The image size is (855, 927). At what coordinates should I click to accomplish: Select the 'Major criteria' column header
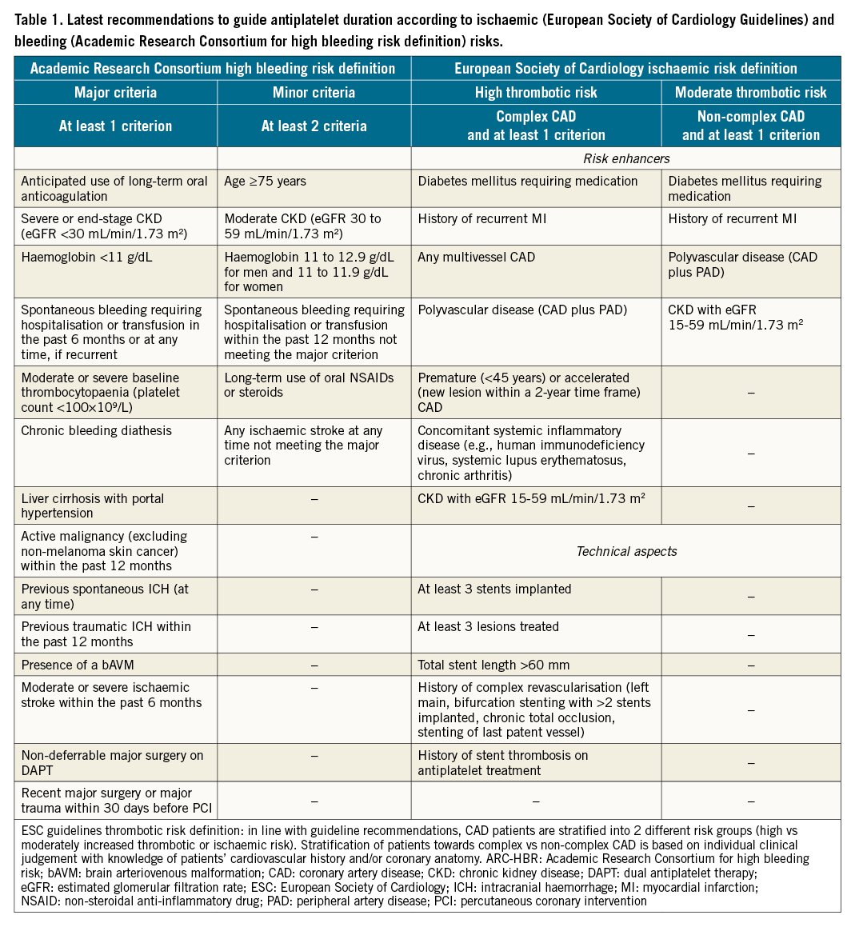coord(115,93)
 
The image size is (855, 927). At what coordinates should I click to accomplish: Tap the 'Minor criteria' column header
coord(314,93)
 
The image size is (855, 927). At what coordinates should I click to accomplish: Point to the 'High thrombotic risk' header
coord(536,93)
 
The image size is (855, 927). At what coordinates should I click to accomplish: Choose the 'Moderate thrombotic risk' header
coord(750,93)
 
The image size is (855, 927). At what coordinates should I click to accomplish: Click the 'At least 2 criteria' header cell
coord(314,126)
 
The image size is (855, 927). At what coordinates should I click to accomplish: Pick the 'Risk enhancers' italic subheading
coord(626,158)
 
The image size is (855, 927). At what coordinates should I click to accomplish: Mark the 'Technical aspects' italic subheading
coord(626,551)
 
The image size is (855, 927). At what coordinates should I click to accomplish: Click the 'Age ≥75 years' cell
coord(265,182)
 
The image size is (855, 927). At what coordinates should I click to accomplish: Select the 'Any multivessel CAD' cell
coord(477,258)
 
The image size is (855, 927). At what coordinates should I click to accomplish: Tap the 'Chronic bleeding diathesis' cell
coord(97,431)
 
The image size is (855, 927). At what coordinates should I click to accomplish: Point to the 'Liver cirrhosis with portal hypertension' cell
coord(93,505)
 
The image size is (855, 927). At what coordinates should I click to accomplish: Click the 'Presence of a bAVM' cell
coord(77,665)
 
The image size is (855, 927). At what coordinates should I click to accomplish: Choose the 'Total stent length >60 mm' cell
coord(494,665)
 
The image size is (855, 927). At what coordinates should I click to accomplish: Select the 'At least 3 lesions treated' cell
coord(488,627)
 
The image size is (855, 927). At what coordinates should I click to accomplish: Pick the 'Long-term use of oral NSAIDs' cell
coord(309,385)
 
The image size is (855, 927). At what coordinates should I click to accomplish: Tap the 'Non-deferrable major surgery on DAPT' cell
coord(112,762)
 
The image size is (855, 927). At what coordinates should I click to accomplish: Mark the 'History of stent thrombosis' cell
coord(502,762)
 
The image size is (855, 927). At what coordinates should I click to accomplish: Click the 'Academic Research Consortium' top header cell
coord(212,69)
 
